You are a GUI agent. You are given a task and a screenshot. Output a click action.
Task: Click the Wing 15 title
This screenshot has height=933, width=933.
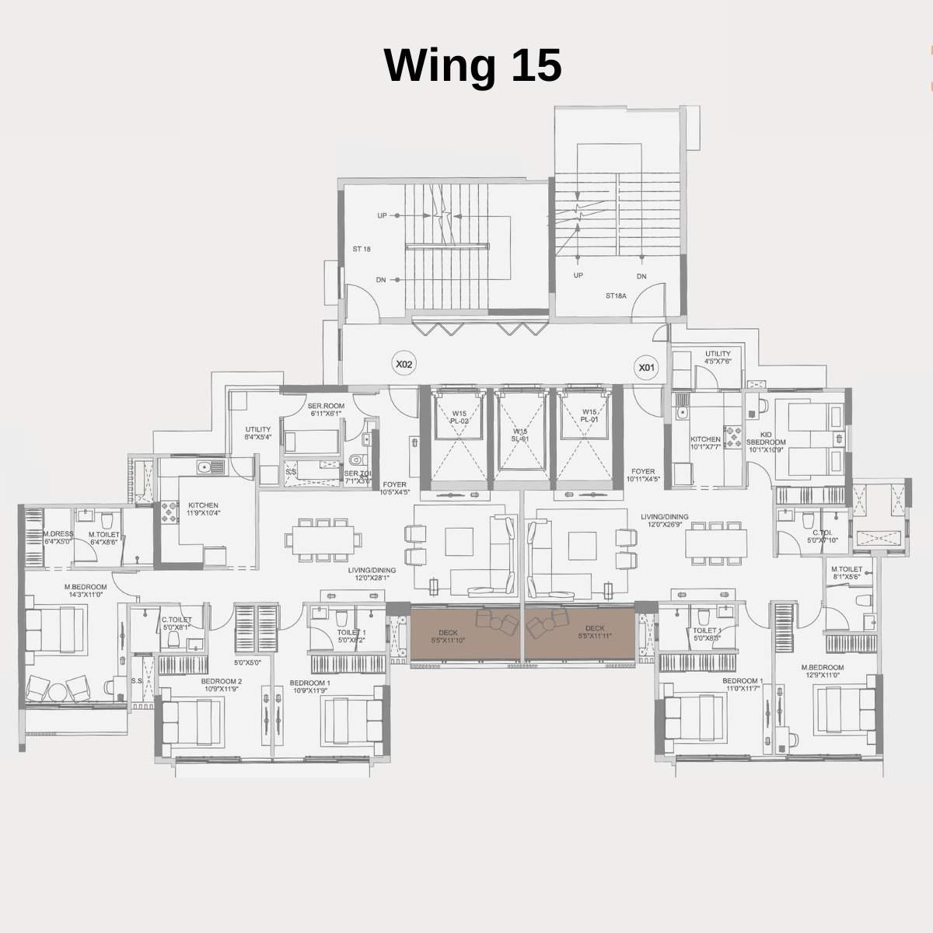473,65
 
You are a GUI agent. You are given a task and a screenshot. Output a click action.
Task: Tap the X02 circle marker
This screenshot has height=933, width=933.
403,363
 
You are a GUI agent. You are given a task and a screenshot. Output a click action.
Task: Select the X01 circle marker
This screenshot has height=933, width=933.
646,367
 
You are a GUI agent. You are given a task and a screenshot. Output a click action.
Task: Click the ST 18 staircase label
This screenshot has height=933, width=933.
362,250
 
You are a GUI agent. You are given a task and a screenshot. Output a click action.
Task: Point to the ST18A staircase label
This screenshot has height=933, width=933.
617,295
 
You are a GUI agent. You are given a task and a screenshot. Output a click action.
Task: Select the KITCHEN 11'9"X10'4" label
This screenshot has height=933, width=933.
203,509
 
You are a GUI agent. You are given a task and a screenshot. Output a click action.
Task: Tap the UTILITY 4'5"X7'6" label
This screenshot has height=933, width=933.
718,357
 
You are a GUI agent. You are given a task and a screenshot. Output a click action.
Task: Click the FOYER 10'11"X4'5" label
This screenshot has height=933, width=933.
643,475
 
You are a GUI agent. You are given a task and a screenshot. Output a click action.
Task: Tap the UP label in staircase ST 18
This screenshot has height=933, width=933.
382,215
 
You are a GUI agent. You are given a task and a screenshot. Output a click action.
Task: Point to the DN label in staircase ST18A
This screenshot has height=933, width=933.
641,276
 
